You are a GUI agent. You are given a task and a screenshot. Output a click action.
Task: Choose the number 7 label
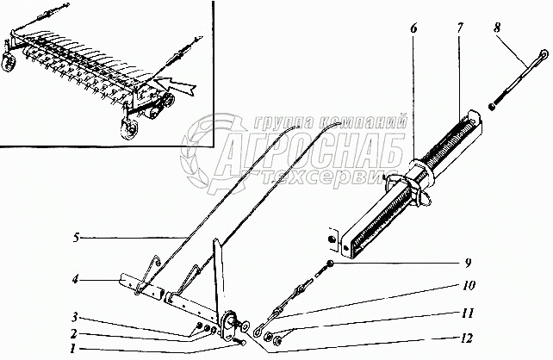tap(460, 28)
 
